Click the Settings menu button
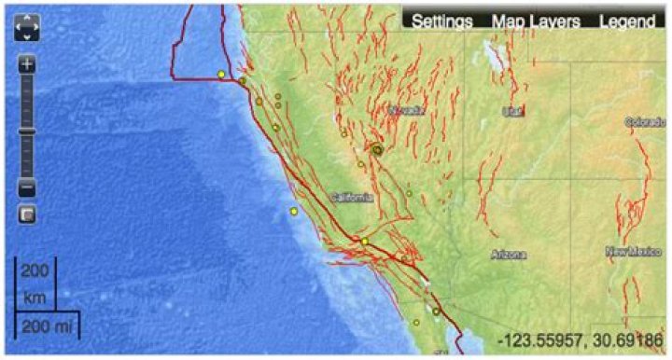[x=442, y=21]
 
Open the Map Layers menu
[x=536, y=21]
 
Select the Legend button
[x=626, y=21]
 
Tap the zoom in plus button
[x=27, y=65]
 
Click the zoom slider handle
[x=27, y=132]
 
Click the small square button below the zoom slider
[x=27, y=215]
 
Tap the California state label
[x=352, y=198]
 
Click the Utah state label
[x=511, y=111]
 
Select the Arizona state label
[x=509, y=254]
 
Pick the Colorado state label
[x=645, y=122]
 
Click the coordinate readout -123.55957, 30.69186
[x=580, y=340]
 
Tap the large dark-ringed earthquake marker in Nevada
[x=378, y=149]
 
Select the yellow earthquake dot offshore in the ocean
[x=294, y=212]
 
